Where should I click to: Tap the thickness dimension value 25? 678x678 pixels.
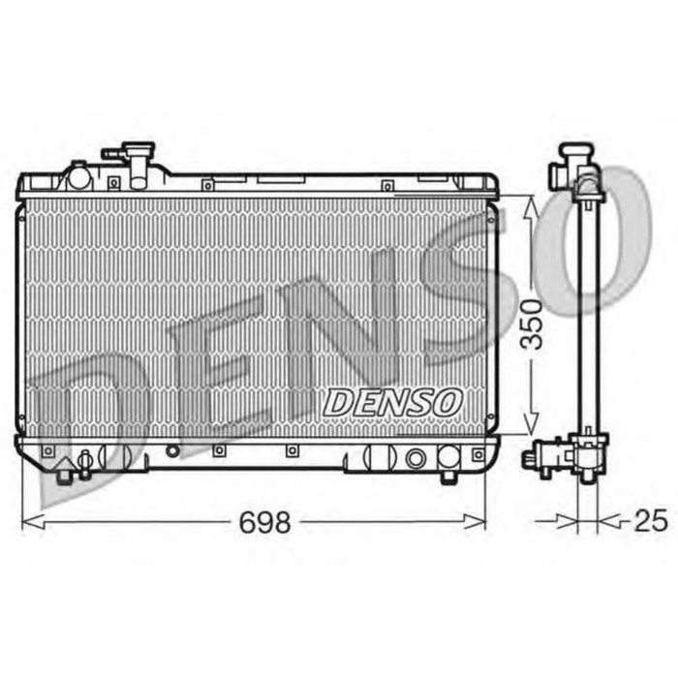point(652,521)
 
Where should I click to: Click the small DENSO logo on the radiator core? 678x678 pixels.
point(392,401)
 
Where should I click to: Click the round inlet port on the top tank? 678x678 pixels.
point(77,177)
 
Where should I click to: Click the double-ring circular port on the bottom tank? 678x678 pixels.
point(417,458)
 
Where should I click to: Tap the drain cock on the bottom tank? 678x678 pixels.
point(86,462)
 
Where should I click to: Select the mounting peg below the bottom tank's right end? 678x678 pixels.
point(447,476)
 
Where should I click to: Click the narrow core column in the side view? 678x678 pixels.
point(588,320)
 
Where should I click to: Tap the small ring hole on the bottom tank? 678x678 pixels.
point(171,450)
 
